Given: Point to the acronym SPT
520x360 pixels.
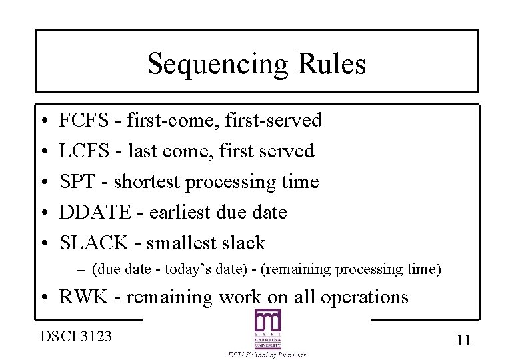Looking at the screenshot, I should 75,182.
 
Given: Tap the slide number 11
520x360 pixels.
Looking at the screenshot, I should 464,340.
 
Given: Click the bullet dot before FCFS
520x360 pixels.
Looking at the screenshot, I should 42,121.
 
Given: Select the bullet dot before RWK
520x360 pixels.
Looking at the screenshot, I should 42,297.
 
